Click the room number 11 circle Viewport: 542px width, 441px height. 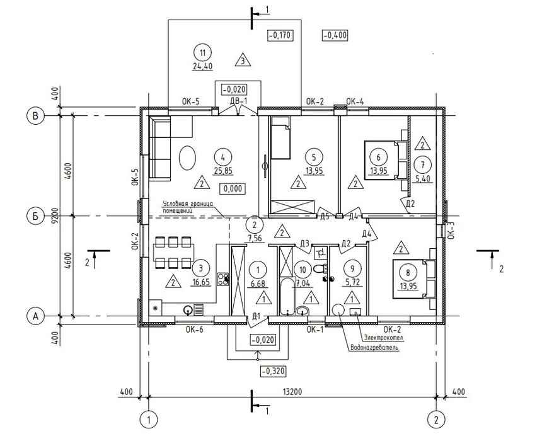[x=202, y=53]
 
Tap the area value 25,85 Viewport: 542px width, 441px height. [x=222, y=170]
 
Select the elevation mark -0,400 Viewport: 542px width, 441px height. [x=335, y=35]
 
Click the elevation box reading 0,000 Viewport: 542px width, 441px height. [x=233, y=189]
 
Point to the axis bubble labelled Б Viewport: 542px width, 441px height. [x=35, y=216]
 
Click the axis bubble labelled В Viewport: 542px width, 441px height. [x=35, y=116]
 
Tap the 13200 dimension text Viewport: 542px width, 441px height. [x=292, y=392]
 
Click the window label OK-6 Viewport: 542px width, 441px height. [x=194, y=329]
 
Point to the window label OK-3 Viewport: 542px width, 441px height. [x=451, y=230]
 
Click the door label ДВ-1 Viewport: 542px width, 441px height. [x=238, y=101]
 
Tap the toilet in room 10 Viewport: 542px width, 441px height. [x=320, y=268]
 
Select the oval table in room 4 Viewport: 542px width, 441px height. [x=187, y=157]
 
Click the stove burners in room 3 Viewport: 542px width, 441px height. [x=223, y=279]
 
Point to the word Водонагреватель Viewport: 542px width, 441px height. [x=374, y=348]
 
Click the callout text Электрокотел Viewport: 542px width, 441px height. [x=383, y=337]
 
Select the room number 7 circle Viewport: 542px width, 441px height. [x=422, y=165]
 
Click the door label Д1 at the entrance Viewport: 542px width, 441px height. [x=256, y=316]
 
